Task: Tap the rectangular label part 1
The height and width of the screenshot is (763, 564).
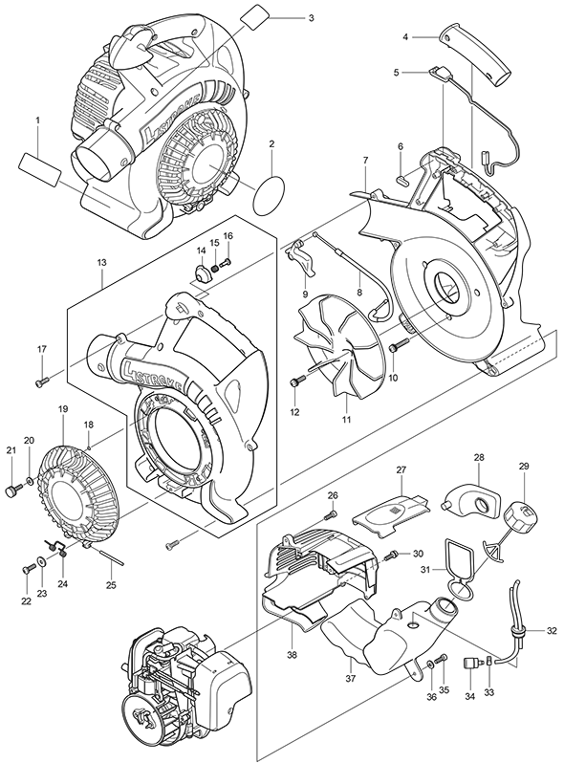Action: (41, 170)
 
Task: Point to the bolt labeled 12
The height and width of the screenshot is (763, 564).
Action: (294, 383)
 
